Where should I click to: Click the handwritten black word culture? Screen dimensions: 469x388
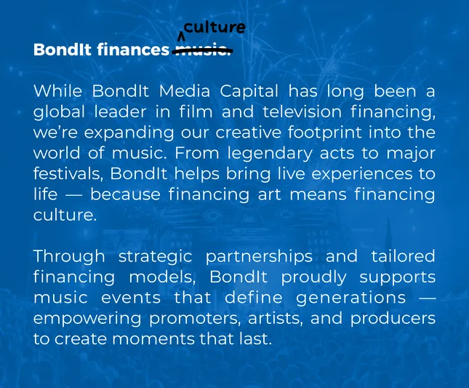(x=215, y=28)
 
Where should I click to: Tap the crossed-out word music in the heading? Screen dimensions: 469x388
(x=202, y=50)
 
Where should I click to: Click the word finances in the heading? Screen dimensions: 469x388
(x=133, y=50)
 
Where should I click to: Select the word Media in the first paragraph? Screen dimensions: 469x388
(x=185, y=91)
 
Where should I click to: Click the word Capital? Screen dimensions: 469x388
(x=249, y=92)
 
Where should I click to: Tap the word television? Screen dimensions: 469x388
(x=302, y=111)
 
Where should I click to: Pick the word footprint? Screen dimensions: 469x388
(x=325, y=132)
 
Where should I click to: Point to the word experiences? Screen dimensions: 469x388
(x=362, y=174)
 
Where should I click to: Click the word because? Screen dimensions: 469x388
(x=126, y=194)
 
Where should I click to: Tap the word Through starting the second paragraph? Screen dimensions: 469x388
(x=69, y=257)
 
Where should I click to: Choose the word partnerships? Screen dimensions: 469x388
(x=260, y=257)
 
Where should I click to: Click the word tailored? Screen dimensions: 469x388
(x=404, y=256)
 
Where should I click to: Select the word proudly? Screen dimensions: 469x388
(x=314, y=277)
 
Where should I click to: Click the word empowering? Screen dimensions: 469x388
(x=87, y=319)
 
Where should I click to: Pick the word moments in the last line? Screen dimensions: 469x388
(x=153, y=339)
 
